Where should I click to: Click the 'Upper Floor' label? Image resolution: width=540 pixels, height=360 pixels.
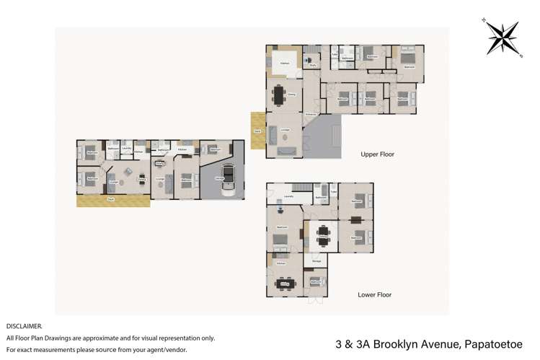[x=377, y=154]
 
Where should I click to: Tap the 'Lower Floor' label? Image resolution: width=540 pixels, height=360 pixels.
[x=376, y=294]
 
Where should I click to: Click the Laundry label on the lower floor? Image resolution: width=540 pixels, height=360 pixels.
[x=288, y=196]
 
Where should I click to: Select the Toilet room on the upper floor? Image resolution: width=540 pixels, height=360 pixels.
[x=335, y=53]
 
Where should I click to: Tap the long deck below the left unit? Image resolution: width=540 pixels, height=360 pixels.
[x=113, y=201]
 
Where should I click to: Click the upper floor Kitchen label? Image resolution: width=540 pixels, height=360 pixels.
[x=285, y=63]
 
